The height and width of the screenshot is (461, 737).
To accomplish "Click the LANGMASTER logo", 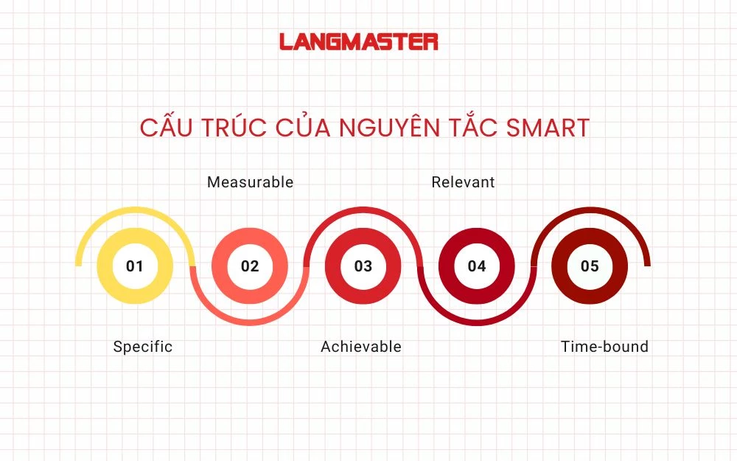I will click(359, 41).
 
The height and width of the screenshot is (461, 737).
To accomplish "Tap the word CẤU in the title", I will click(164, 128).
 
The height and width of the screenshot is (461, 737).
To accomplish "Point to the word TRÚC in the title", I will click(226, 128).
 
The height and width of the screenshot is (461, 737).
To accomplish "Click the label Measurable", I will click(250, 182).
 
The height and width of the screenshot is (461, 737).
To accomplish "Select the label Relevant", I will click(463, 182).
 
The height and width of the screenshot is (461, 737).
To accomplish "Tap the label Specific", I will click(142, 347).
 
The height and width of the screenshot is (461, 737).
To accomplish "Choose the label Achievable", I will click(361, 347).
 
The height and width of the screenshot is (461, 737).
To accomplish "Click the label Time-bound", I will click(604, 347).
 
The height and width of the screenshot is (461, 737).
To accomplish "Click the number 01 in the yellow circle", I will click(135, 266).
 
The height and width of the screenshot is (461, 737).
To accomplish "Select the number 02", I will click(250, 266).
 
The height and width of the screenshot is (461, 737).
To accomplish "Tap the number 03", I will click(363, 266).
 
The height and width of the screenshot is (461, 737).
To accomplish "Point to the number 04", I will click(477, 266).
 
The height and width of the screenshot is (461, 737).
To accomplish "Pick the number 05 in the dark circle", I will click(590, 266).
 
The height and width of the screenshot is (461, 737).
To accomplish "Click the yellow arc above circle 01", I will click(135, 211).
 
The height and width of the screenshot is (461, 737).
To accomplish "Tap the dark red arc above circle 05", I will click(590, 211).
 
